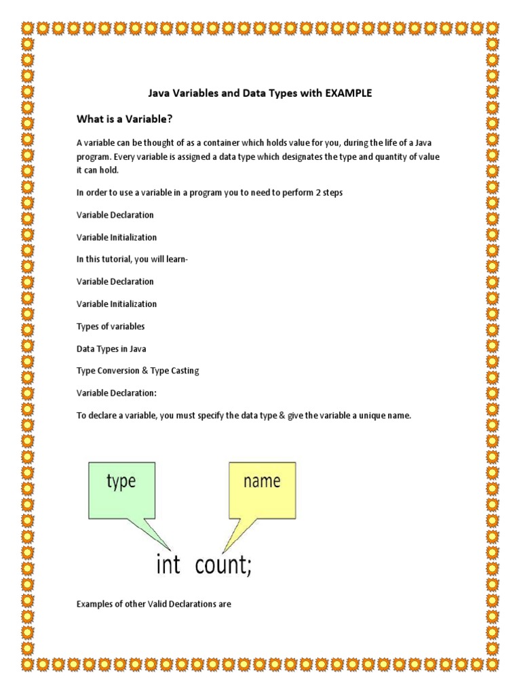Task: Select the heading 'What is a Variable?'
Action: coord(124,119)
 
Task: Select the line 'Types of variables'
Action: coord(111,327)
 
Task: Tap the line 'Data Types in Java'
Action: coord(111,349)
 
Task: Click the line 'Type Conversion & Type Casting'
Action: coord(138,371)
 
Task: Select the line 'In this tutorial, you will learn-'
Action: coord(133,260)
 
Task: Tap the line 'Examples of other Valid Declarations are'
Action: coord(154,604)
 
